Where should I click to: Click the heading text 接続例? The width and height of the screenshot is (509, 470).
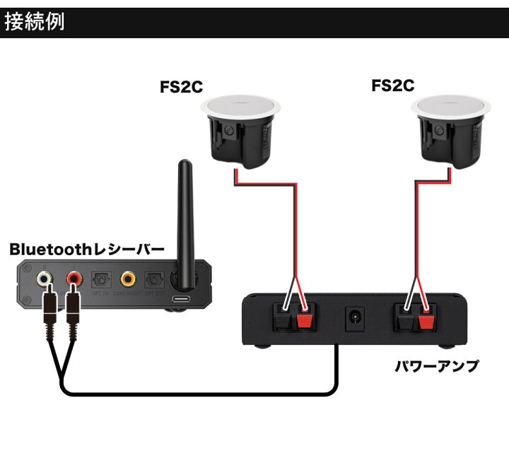[35, 22]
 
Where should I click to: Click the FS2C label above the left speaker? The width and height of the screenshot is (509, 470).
[181, 88]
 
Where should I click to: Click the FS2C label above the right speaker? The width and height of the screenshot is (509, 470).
[392, 86]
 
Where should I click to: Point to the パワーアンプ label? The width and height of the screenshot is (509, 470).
[436, 366]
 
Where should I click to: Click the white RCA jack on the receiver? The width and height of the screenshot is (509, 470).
[45, 278]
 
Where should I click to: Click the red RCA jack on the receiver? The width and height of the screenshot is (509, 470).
[74, 278]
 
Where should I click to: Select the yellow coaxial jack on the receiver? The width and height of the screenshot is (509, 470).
[128, 278]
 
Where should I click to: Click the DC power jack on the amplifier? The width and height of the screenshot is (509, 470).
[352, 318]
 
